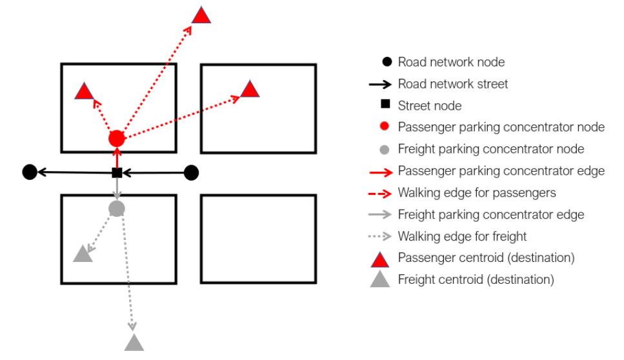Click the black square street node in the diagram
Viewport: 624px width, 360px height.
click(x=117, y=172)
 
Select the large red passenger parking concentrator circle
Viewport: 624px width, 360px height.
click(x=117, y=138)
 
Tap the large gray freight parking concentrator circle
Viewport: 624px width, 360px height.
click(x=117, y=208)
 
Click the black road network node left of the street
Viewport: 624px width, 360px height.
click(x=29, y=172)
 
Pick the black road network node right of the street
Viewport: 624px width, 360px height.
click(x=191, y=172)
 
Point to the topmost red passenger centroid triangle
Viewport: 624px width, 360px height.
click(x=201, y=16)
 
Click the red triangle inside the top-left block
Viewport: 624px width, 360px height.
click(x=84, y=92)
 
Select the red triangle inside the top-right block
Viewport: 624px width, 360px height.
click(x=250, y=90)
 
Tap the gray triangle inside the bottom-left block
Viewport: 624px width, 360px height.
click(x=83, y=254)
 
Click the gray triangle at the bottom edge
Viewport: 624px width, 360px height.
click(x=134, y=343)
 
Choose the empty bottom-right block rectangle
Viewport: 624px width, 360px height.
click(x=259, y=239)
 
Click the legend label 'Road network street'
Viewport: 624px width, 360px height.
click(x=452, y=84)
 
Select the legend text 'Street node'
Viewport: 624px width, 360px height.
click(x=429, y=105)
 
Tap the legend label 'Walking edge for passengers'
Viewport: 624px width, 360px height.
click(x=476, y=192)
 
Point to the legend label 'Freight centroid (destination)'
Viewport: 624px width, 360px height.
click(x=476, y=279)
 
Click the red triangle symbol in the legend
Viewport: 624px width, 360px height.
click(x=381, y=258)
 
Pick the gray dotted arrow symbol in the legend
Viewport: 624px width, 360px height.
click(x=383, y=236)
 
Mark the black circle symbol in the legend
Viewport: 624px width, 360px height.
click(x=386, y=62)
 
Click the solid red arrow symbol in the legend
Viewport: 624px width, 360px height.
click(x=383, y=171)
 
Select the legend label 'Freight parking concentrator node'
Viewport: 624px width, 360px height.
click(x=490, y=149)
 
